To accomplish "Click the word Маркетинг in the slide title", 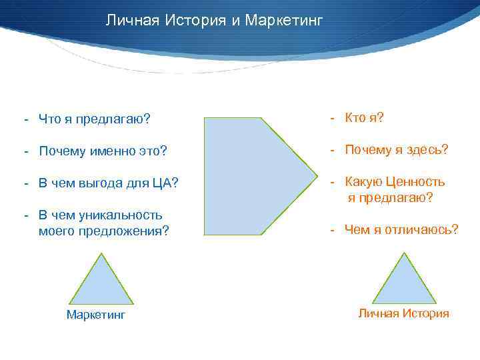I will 284,21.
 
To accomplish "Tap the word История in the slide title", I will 196,21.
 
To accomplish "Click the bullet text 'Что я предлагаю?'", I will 94,119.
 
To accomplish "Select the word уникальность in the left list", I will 121,215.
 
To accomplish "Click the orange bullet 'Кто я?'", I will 364,118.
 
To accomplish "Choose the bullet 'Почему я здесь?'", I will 396,150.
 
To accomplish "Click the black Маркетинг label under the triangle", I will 95,315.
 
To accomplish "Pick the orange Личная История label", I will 403,313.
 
